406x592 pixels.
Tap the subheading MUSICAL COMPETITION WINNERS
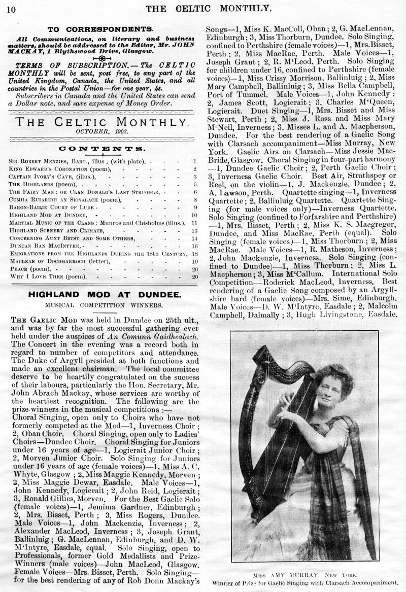pyautogui.click(x=103, y=306)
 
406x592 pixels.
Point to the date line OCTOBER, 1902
pyautogui.click(x=104, y=132)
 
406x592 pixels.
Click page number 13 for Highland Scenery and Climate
pyautogui.click(x=195, y=230)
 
